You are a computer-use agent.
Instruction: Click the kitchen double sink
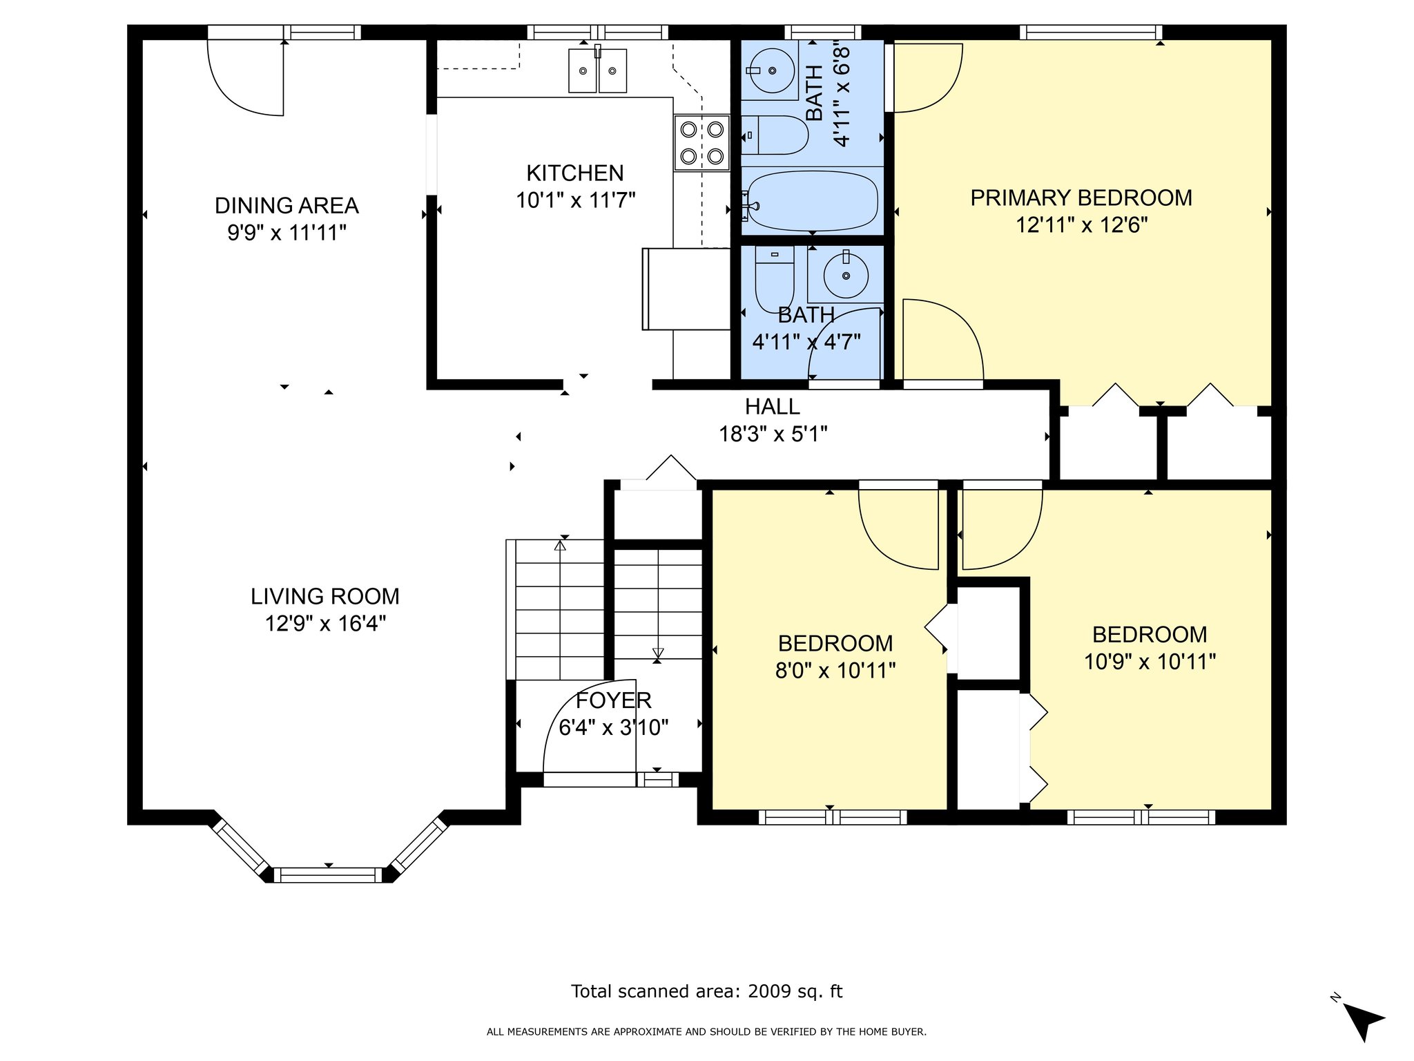598,69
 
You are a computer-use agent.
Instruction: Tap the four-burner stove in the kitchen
702,142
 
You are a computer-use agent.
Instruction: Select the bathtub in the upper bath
813,201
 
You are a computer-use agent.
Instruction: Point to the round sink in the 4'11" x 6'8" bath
771,70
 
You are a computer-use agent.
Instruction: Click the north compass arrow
1362,1022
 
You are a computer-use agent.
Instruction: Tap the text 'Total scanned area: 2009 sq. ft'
706,991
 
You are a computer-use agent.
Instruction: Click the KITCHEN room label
575,173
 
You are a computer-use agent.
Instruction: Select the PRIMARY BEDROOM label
1081,198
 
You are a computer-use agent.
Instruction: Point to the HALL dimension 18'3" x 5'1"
773,434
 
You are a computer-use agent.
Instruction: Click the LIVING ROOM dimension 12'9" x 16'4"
325,624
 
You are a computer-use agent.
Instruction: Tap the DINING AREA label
287,206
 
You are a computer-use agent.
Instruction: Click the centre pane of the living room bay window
328,875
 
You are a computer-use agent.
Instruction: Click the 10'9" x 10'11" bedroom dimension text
1150,662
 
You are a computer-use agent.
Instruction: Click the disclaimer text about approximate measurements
706,1032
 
